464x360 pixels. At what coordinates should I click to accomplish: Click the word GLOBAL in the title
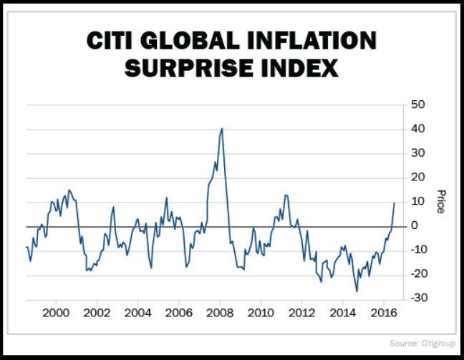[x=195, y=41]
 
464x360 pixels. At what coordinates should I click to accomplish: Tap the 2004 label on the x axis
[x=137, y=313]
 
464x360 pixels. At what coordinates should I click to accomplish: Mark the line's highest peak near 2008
[x=222, y=129]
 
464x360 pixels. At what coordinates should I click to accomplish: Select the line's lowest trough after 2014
[x=357, y=291]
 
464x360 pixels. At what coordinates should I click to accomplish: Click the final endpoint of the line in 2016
[x=395, y=203]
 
